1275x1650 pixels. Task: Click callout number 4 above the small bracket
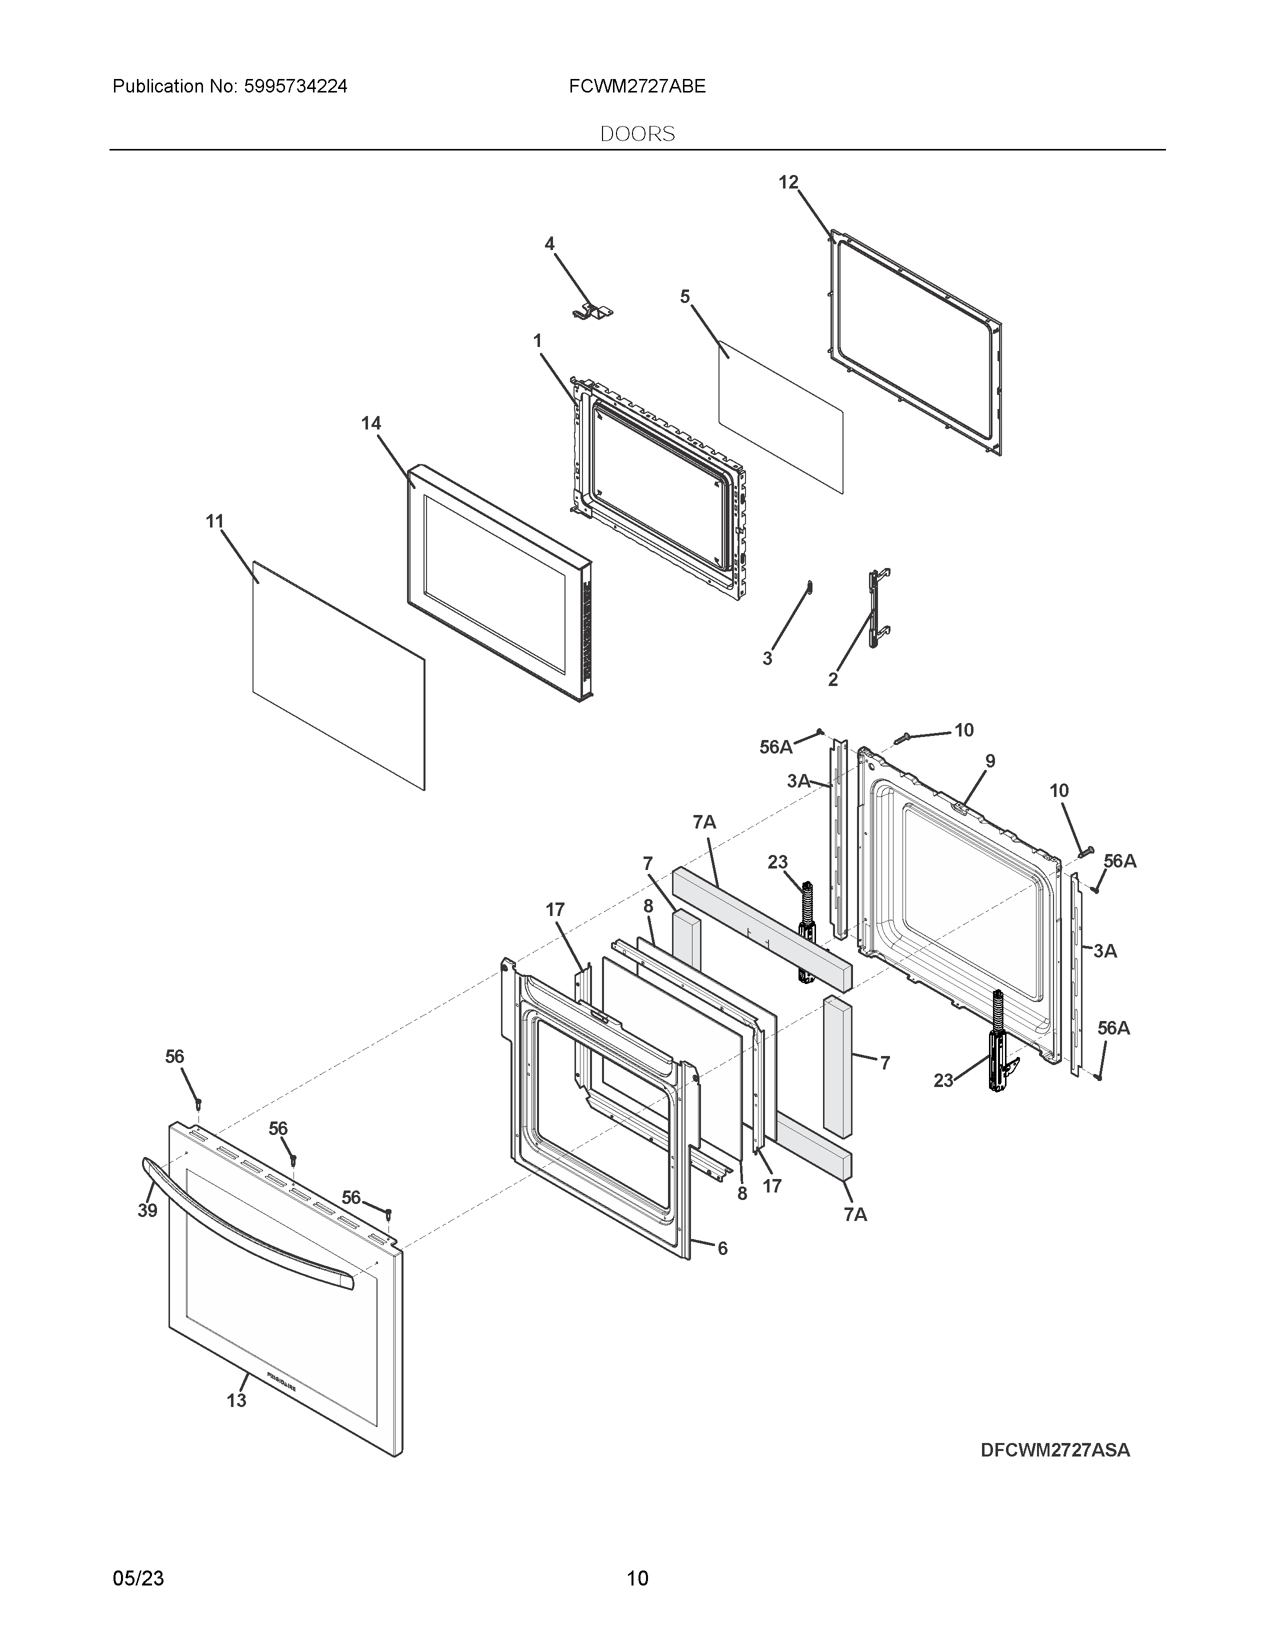click(549, 244)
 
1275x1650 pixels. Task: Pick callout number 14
click(371, 424)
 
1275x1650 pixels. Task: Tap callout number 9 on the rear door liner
click(989, 761)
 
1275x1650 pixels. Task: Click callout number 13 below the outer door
click(236, 1400)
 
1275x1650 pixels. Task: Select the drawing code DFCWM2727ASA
click(1054, 1450)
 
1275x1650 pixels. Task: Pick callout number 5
click(684, 297)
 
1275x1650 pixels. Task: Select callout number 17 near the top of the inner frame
click(554, 910)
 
